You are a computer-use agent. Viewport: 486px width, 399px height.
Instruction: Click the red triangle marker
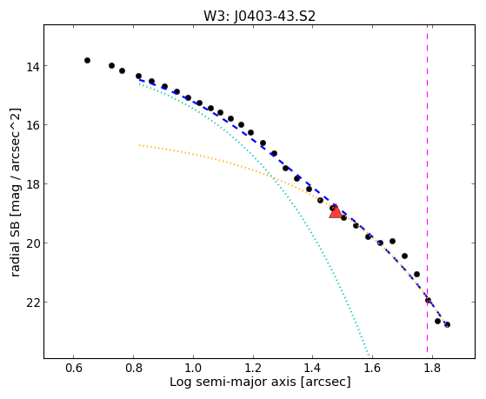pyautogui.click(x=336, y=211)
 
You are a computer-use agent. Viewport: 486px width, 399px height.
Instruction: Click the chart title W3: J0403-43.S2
pyautogui.click(x=259, y=16)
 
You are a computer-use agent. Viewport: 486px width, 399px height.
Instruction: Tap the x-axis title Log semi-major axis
pyautogui.click(x=260, y=382)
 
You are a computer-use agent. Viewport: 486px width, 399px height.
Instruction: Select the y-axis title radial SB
pyautogui.click(x=15, y=192)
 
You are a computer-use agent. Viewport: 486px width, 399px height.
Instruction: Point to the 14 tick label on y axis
pyautogui.click(x=32, y=66)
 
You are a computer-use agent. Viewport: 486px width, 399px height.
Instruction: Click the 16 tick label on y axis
pyautogui.click(x=32, y=125)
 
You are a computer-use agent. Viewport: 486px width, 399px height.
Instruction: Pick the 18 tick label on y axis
pyautogui.click(x=32, y=184)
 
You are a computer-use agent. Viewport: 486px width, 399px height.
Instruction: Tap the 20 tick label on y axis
pyautogui.click(x=32, y=243)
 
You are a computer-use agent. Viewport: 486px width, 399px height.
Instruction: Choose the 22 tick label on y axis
pyautogui.click(x=32, y=303)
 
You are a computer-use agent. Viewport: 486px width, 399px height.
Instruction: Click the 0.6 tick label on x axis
pyautogui.click(x=73, y=368)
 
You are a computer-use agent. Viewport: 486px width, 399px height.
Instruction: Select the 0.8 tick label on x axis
pyautogui.click(x=133, y=368)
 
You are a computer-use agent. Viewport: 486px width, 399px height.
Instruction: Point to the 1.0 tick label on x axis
pyautogui.click(x=193, y=368)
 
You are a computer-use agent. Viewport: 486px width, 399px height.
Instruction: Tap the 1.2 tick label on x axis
pyautogui.click(x=253, y=368)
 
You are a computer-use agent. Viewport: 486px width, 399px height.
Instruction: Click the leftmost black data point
pyautogui.click(x=88, y=61)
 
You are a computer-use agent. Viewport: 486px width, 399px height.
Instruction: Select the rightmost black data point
pyautogui.click(x=447, y=324)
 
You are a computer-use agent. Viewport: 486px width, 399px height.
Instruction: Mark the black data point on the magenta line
pyautogui.click(x=428, y=300)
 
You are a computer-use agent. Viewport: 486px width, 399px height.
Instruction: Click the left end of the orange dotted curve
pyautogui.click(x=139, y=145)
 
